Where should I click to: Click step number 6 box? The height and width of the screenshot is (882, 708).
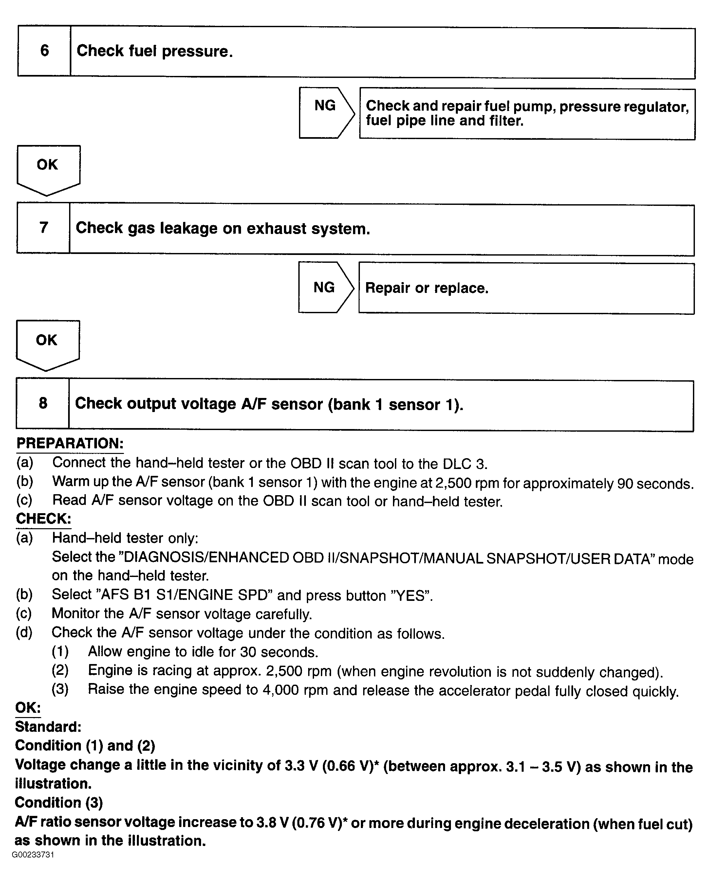pyautogui.click(x=44, y=51)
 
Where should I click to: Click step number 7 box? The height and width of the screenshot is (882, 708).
pyautogui.click(x=43, y=228)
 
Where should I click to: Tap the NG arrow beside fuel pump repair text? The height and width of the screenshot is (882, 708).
pyautogui.click(x=326, y=113)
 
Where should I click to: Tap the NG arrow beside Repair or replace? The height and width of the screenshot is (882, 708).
pyautogui.click(x=325, y=287)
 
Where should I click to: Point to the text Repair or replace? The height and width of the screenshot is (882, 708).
pyautogui.click(x=427, y=288)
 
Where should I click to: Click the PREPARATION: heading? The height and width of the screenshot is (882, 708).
pyautogui.click(x=69, y=443)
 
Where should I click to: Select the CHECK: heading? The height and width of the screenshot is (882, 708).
pyautogui.click(x=43, y=519)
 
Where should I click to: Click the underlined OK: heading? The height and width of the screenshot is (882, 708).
pyautogui.click(x=28, y=707)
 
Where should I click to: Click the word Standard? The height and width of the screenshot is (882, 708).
pyautogui.click(x=48, y=727)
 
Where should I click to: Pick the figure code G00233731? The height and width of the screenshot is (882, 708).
pyautogui.click(x=33, y=855)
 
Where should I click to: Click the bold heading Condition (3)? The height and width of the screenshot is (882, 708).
pyautogui.click(x=59, y=802)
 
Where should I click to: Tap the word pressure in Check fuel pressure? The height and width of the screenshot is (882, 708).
pyautogui.click(x=197, y=52)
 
